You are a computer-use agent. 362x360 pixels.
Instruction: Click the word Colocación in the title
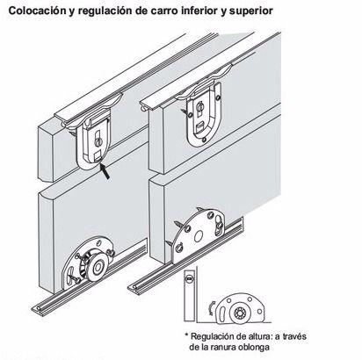pos(37,11)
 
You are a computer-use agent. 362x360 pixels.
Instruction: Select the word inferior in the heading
pos(200,11)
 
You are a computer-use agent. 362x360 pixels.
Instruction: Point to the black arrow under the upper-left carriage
pos(105,171)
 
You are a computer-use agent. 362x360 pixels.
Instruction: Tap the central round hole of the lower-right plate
pos(199,236)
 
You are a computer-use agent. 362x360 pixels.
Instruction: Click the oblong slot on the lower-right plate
pos(219,226)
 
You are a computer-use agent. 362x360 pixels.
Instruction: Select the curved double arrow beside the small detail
pos(212,309)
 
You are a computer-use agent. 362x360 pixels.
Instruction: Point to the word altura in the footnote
pos(258,336)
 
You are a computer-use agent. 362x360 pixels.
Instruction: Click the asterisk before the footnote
pos(186,335)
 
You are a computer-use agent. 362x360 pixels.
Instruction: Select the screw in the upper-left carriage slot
pos(98,142)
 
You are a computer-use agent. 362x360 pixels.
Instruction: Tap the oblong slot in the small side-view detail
pos(221,314)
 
